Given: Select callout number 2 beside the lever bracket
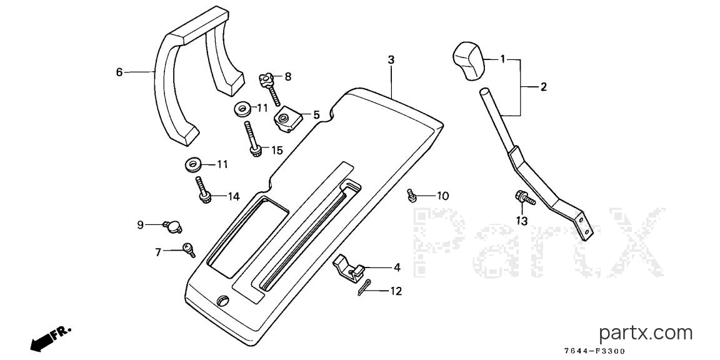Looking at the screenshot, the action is point(544,87).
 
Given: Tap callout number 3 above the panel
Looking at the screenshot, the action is point(391,60).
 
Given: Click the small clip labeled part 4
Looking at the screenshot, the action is point(348,267).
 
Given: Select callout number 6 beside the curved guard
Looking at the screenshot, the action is point(119,72).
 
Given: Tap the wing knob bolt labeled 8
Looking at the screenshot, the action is point(270,89).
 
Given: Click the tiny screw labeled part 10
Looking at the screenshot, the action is point(411,196).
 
